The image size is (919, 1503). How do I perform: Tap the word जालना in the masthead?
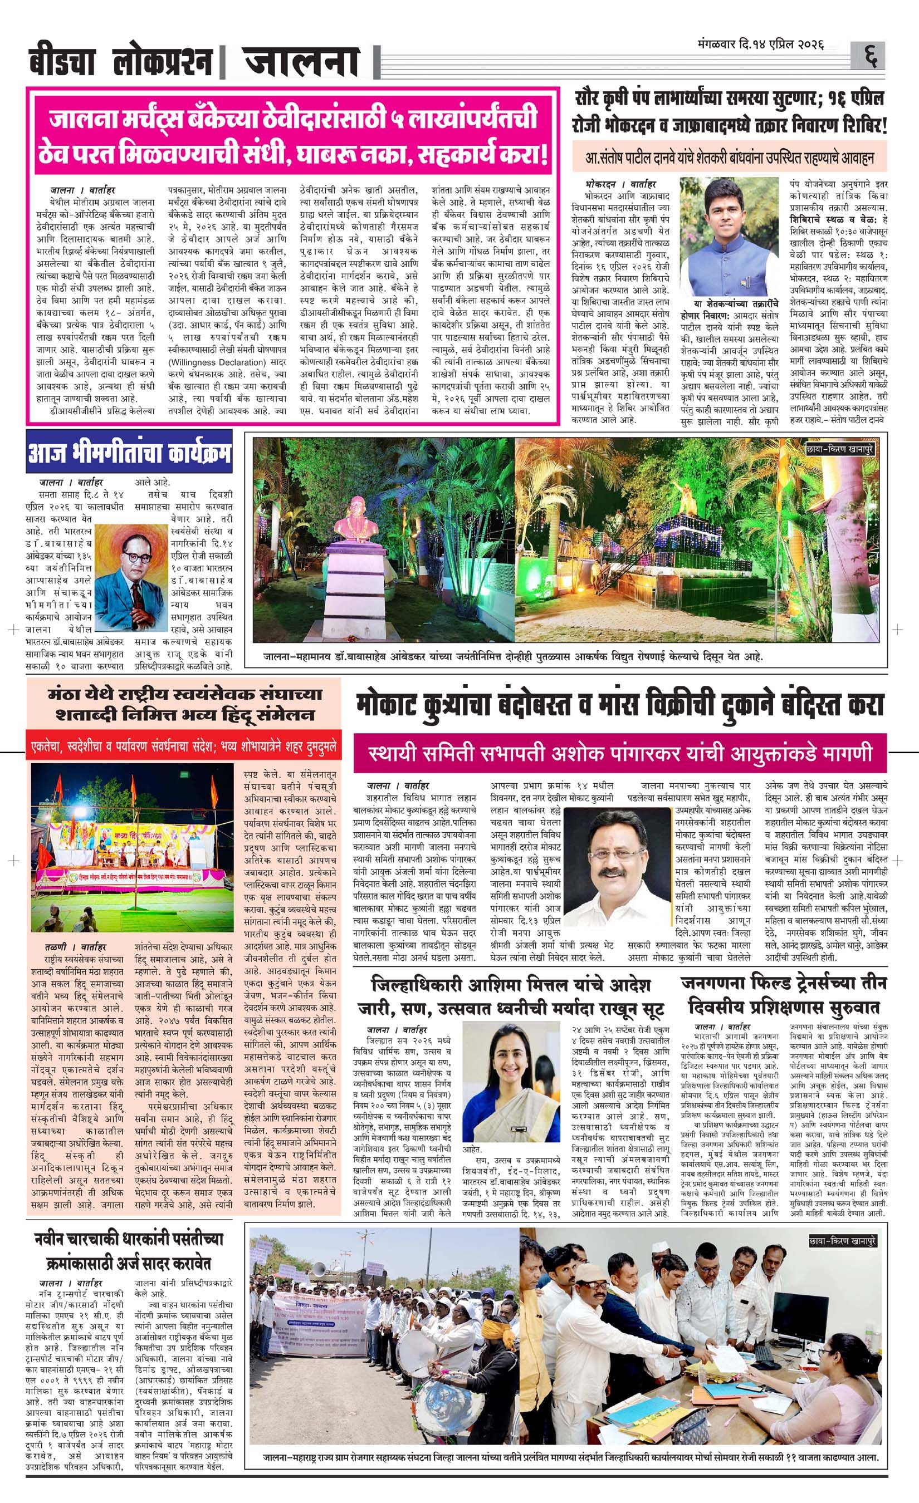point(301,62)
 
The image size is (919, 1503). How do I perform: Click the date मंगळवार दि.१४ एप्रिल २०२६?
point(761,45)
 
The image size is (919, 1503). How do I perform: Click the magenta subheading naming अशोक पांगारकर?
point(620,753)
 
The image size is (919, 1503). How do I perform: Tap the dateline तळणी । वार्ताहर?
point(75,947)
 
